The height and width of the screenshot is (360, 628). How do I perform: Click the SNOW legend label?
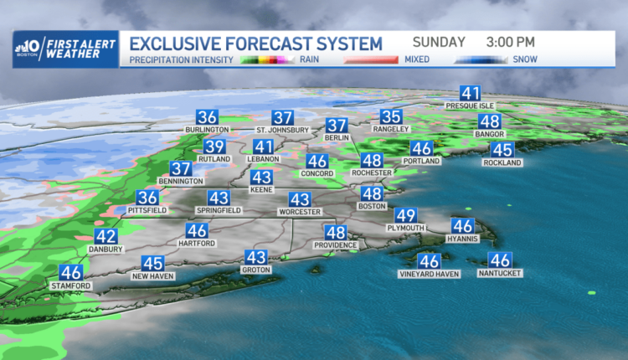click(524, 60)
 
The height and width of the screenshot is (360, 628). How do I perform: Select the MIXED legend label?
click(417, 60)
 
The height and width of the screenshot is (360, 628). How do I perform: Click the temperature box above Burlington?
click(207, 118)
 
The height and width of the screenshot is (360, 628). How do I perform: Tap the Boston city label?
click(372, 205)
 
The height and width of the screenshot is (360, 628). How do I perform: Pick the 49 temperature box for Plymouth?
click(406, 215)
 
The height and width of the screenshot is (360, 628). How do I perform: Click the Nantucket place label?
click(501, 273)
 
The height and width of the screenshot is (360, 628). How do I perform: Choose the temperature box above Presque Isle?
click(470, 95)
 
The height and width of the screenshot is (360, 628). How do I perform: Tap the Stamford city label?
click(71, 285)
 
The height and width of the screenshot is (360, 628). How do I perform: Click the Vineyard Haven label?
click(429, 274)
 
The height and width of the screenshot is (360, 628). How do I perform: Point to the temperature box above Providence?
click(336, 233)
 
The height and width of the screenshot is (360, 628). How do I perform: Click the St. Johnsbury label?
click(282, 131)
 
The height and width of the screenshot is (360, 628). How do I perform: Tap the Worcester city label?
click(300, 212)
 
